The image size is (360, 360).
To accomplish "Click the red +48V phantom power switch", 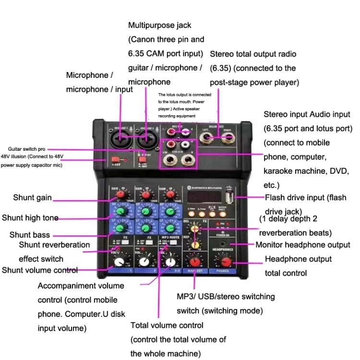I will coord(115,160).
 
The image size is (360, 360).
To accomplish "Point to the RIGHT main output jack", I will coord(228,139).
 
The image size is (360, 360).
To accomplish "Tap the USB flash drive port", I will coord(229,197).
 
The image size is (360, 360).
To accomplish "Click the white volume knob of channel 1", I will coord(118,262).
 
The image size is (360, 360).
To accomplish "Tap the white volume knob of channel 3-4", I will coord(170,262).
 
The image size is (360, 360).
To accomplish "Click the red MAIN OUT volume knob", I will coord(194,262).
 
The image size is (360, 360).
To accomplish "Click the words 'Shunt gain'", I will coord(33,198).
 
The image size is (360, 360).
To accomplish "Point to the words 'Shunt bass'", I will coord(30,235).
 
